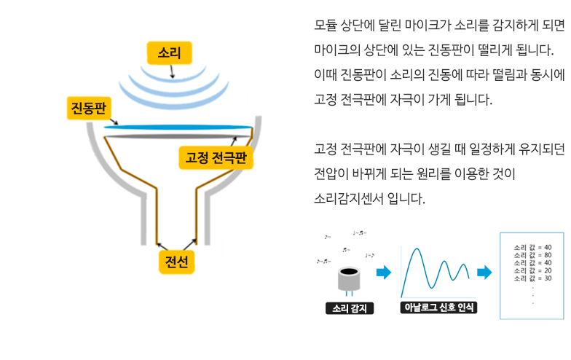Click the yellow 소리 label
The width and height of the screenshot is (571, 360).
coord(170,52)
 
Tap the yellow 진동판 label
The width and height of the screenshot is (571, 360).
coord(87,108)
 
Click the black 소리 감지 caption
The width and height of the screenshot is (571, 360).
coord(350,308)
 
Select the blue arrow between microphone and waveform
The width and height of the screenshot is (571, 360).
coord(383,273)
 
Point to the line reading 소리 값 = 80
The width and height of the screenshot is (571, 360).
coord(532,254)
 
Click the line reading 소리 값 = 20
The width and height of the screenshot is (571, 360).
coord(532,270)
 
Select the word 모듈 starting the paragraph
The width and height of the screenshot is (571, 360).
coord(325,26)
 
